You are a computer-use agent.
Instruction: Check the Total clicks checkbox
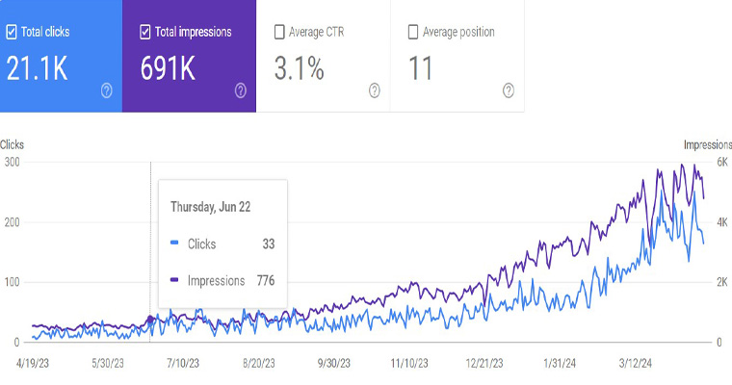pos(12,32)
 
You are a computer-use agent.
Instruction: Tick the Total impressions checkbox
pos(145,32)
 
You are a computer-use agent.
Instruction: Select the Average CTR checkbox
pos(279,32)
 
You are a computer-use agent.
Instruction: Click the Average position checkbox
pos(413,32)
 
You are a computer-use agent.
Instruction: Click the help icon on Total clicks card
pos(107,90)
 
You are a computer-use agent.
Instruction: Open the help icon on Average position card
pos(509,90)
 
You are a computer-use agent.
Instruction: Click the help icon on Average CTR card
pos(375,90)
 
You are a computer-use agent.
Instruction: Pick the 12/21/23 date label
pos(486,364)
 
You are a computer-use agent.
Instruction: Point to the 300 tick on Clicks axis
pos(12,162)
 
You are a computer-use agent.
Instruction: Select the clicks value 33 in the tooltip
pos(269,244)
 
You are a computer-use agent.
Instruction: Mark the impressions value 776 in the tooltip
pos(265,280)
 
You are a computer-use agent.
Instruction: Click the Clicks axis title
pos(13,145)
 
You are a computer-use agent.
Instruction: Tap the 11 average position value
pos(421,69)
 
